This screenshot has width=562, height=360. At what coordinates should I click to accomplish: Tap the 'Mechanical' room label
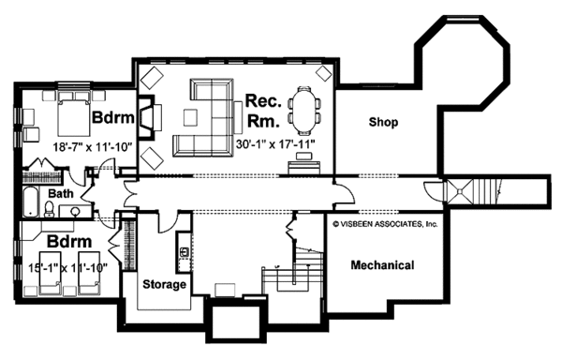point(382,265)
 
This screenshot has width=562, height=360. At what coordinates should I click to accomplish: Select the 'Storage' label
point(164,284)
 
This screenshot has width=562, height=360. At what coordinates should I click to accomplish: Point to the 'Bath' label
point(61,194)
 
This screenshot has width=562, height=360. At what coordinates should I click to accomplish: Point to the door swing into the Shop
point(347,196)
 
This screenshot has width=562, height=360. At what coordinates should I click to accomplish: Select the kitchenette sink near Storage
point(184,251)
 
